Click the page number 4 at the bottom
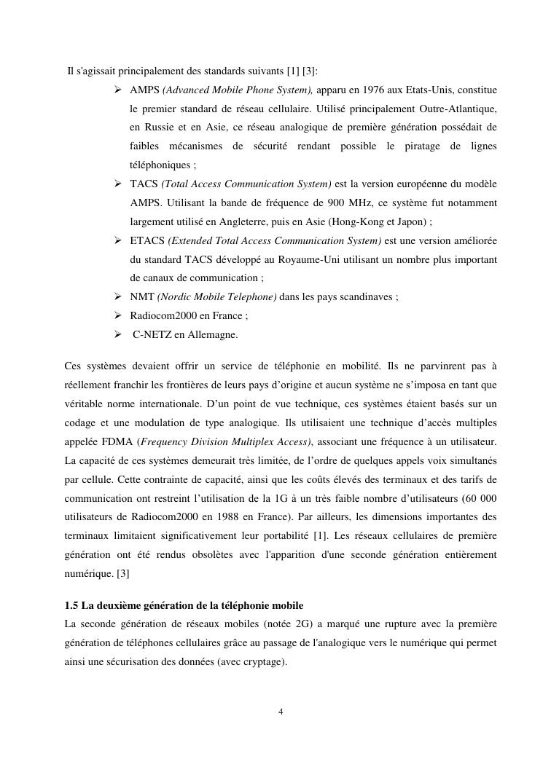[x=281, y=712]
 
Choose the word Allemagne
[x=213, y=335]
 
